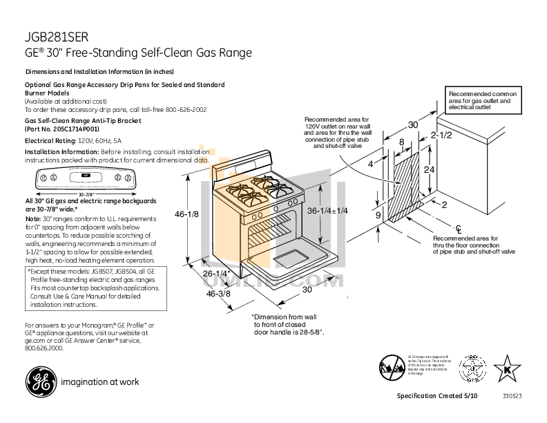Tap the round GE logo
pos(39,381)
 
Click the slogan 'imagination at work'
pos(100,382)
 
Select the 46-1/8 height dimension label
pos(186,214)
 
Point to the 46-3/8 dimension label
pos(218,294)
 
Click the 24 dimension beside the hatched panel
pos(429,169)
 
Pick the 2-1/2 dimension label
pos(441,135)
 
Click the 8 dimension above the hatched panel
pos(401,142)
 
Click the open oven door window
pos(293,260)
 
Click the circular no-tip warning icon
pos(392,365)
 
